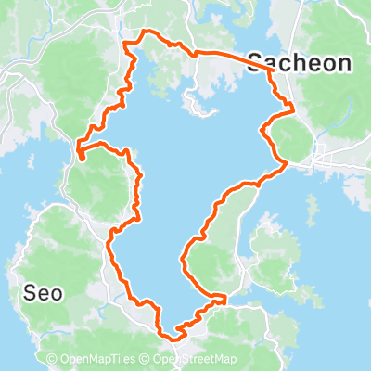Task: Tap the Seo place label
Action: pyautogui.click(x=42, y=293)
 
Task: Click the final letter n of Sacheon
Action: pyautogui.click(x=345, y=63)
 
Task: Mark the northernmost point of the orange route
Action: pyautogui.click(x=145, y=33)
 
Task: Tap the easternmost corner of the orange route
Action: pyautogui.click(x=294, y=109)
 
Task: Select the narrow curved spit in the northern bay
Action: pyautogui.click(x=189, y=97)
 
